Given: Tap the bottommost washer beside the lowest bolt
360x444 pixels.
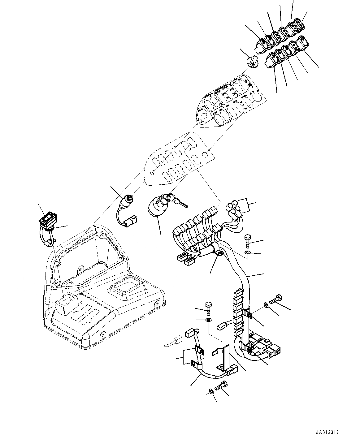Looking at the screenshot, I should tap(210, 391).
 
